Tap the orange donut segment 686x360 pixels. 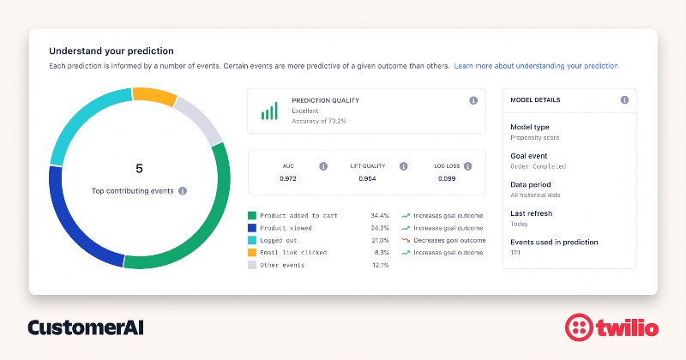tap(154, 95)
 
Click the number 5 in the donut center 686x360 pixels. tap(139, 168)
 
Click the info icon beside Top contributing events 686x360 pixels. tap(183, 191)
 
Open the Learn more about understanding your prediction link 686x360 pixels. tap(536, 66)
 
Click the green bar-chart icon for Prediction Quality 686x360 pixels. tap(269, 111)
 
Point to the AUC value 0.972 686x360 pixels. tap(287, 179)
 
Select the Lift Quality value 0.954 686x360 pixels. tap(367, 179)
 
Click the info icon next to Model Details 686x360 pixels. tap(623, 100)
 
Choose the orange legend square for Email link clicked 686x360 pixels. tap(252, 253)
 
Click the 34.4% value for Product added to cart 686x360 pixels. tap(380, 216)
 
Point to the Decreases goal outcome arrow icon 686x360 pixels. tap(404, 241)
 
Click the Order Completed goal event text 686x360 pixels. tap(538, 166)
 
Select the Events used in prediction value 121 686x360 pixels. tap(516, 253)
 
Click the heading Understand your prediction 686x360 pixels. tap(111, 51)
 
